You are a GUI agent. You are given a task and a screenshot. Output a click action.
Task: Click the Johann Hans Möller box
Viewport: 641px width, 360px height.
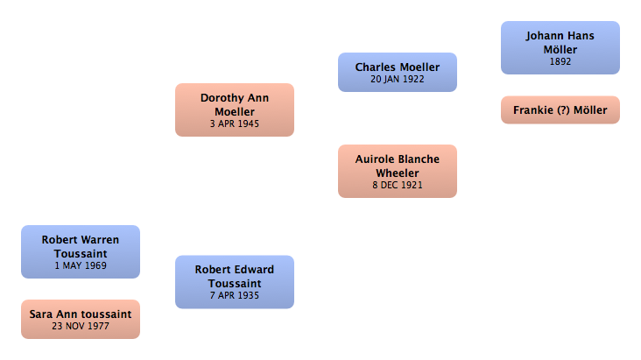pyautogui.click(x=560, y=48)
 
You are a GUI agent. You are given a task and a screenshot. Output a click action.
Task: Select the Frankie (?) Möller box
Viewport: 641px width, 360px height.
pyautogui.click(x=560, y=110)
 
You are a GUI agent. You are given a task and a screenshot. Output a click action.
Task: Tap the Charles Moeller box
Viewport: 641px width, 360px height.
pyautogui.click(x=398, y=73)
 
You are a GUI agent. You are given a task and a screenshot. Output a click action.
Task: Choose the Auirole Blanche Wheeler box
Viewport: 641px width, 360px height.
pyautogui.click(x=398, y=171)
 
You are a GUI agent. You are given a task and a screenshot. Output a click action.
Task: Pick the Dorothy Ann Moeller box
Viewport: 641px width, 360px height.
pyautogui.click(x=235, y=110)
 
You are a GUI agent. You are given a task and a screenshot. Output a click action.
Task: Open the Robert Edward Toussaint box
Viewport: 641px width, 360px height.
pyautogui.click(x=235, y=282)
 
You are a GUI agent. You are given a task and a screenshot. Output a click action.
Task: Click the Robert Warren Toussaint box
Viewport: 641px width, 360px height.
pyautogui.click(x=81, y=251)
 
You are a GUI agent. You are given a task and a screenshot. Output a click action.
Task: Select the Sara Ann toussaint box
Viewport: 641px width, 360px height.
pyautogui.click(x=81, y=319)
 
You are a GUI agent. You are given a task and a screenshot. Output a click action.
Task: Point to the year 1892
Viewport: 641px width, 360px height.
pyautogui.click(x=560, y=62)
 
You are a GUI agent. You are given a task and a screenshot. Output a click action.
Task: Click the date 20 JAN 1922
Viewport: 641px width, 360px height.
pyautogui.click(x=398, y=79)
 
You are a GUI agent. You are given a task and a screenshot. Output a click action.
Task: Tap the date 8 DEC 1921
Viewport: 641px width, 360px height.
pyautogui.click(x=398, y=186)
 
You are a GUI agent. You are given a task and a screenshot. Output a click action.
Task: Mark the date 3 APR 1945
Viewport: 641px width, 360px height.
pyautogui.click(x=235, y=124)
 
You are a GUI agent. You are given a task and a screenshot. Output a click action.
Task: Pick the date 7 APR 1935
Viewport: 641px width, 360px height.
pyautogui.click(x=235, y=295)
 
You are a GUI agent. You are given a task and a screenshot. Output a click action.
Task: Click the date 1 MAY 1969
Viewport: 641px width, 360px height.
pyautogui.click(x=81, y=265)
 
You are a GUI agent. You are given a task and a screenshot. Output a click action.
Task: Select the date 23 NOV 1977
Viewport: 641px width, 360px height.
pyautogui.click(x=81, y=326)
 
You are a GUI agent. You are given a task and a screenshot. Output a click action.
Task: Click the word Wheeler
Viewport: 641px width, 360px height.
pyautogui.click(x=398, y=173)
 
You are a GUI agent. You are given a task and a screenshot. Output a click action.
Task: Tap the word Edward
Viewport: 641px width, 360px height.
pyautogui.click(x=254, y=270)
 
